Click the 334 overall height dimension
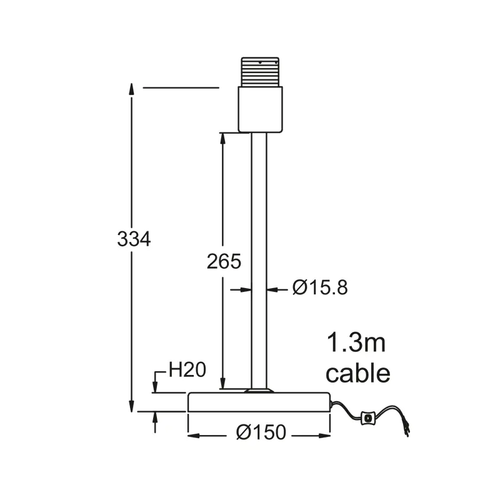coord(134,239)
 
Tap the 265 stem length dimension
coord(224,261)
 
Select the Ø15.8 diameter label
coord(320,287)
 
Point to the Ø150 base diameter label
coord(261,432)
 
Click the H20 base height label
coord(187,370)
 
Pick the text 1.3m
coord(356,343)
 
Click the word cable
coord(358,373)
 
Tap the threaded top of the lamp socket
coord(260,72)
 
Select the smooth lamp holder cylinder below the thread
coord(260,109)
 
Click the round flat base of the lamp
coord(259,402)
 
